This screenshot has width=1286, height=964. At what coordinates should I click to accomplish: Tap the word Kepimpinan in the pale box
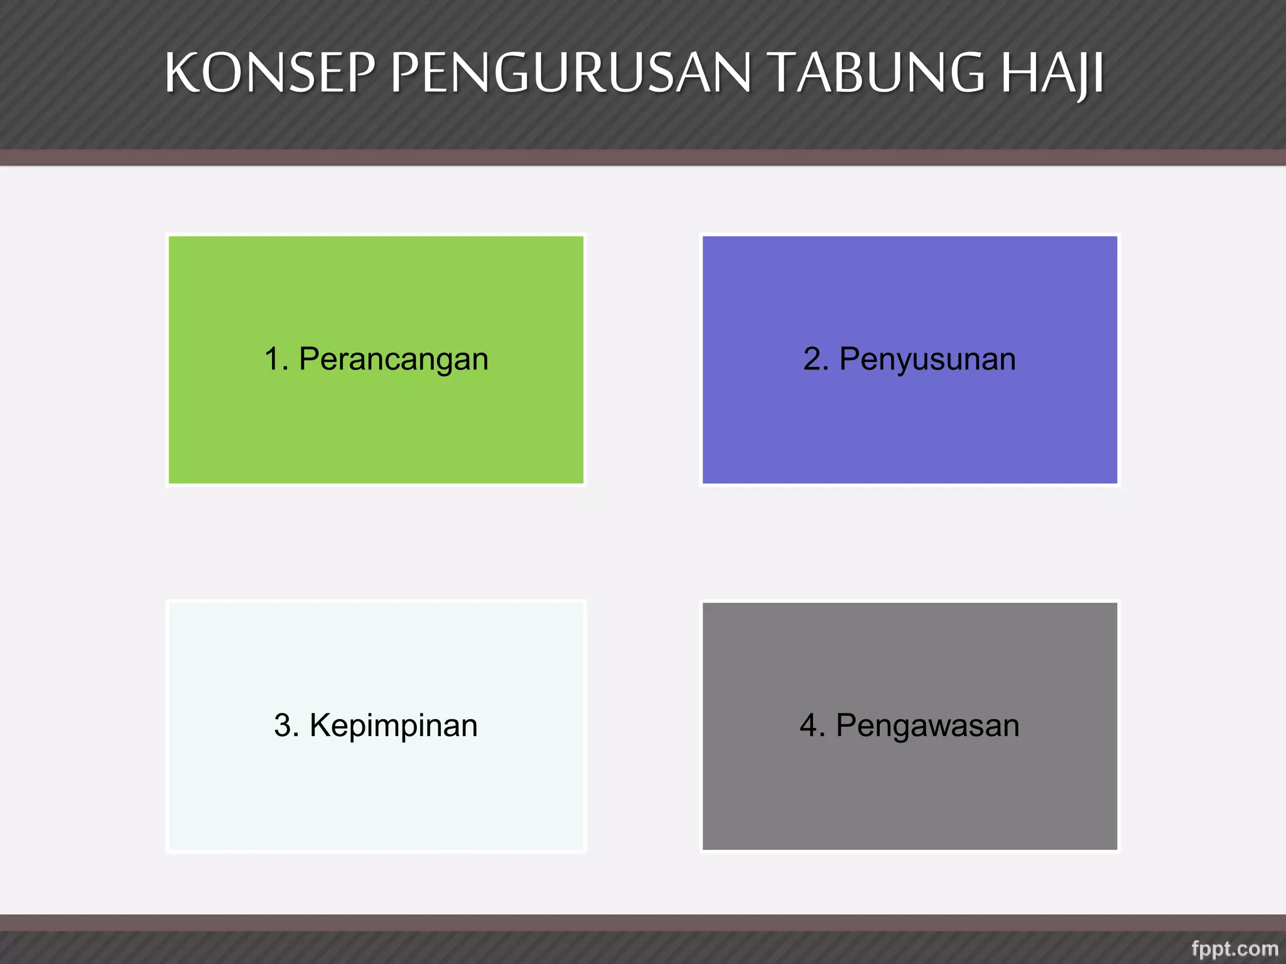pos(393,726)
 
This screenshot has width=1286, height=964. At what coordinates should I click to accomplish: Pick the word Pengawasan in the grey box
pos(927,726)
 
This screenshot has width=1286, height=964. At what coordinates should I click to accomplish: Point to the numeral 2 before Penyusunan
pos(812,359)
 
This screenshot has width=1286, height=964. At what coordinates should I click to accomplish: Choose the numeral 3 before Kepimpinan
pos(283,726)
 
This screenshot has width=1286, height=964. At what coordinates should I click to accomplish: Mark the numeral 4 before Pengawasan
pos(809,726)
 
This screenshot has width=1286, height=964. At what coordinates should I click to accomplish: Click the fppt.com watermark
pos(1235,948)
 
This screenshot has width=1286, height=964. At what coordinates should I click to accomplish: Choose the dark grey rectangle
pos(909,797)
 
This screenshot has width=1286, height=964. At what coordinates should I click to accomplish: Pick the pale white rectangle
pos(376,797)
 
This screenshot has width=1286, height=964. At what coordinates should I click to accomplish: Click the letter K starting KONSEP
pos(181,73)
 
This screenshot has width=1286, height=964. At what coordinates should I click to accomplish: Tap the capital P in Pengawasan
pos(846,726)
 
